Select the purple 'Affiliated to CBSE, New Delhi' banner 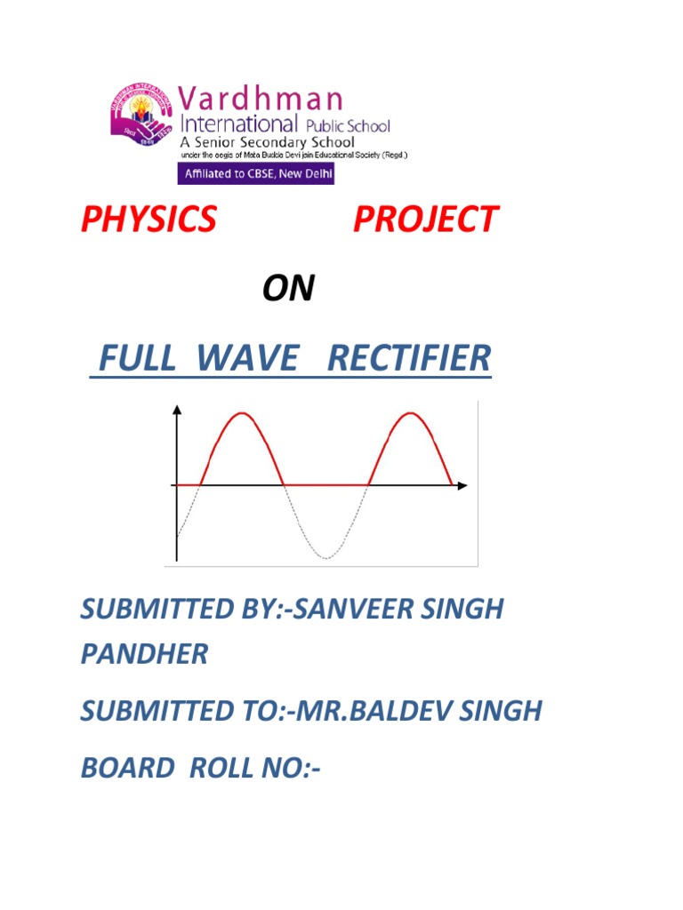point(256,173)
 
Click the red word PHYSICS point(149,219)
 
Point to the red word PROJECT point(425,219)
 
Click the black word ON point(288,289)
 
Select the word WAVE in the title point(248,358)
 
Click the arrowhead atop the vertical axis point(178,409)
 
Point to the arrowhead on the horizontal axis point(462,485)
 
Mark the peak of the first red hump point(241,413)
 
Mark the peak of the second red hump point(409,413)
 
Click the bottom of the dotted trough point(325,557)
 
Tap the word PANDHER point(144,655)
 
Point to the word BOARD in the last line point(125,766)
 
